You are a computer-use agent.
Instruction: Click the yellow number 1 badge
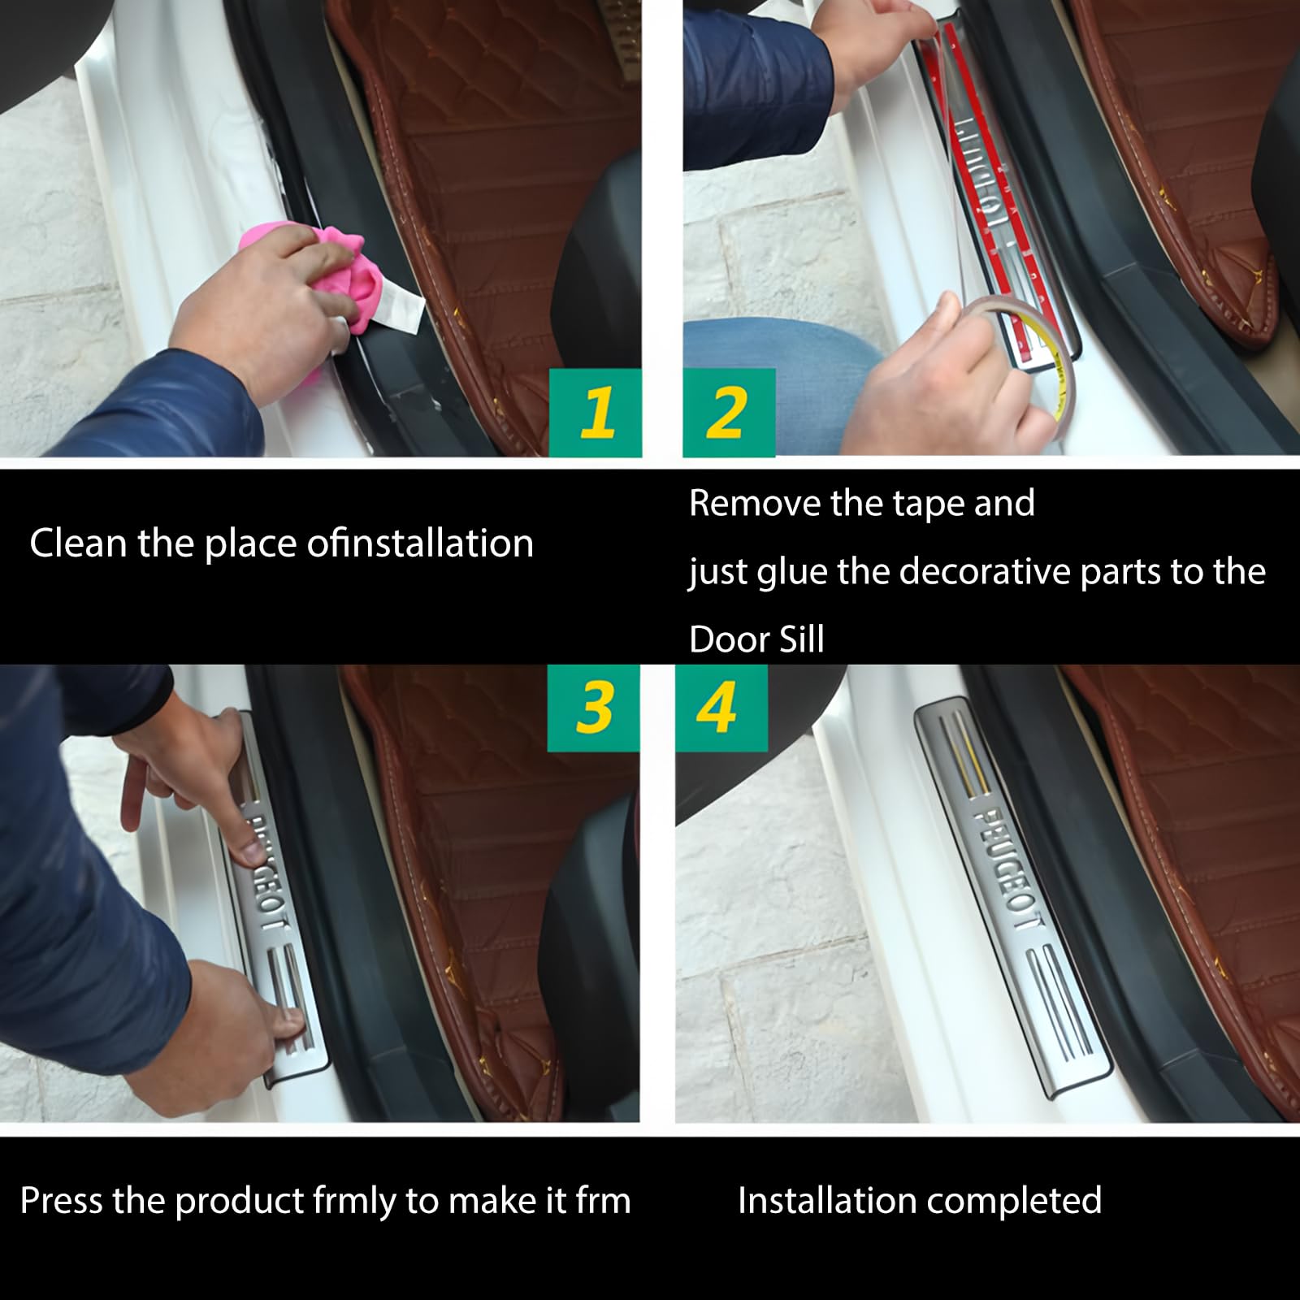[x=596, y=413]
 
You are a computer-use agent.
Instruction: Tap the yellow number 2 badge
[x=727, y=413]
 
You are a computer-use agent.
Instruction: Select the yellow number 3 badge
[x=593, y=707]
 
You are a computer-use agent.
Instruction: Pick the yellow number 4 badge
[x=718, y=707]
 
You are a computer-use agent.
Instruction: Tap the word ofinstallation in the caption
[x=420, y=543]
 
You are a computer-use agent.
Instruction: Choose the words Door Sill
[x=756, y=639]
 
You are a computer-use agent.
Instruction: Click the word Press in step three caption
[x=61, y=1200]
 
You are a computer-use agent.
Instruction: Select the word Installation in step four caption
[x=825, y=1200]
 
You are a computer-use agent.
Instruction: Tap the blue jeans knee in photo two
[x=780, y=357]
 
